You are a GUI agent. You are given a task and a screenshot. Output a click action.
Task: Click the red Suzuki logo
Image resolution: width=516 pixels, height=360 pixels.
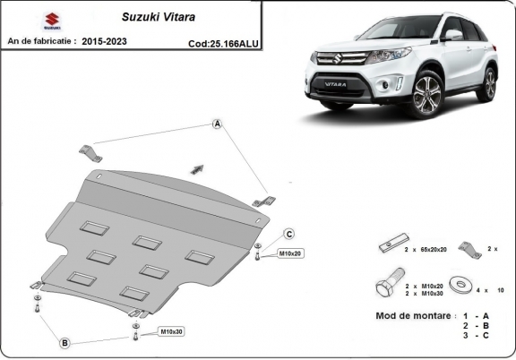(21, 17)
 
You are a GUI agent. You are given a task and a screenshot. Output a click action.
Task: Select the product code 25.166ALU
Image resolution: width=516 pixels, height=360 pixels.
(223, 41)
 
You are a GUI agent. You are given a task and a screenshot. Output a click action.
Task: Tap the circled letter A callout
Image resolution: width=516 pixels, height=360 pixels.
(217, 124)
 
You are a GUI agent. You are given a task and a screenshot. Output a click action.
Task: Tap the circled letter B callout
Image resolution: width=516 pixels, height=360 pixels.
(65, 343)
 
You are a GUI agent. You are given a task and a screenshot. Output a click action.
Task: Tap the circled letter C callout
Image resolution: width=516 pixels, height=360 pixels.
(289, 234)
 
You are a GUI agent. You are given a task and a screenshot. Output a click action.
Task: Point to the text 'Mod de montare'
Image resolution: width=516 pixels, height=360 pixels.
(411, 317)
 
